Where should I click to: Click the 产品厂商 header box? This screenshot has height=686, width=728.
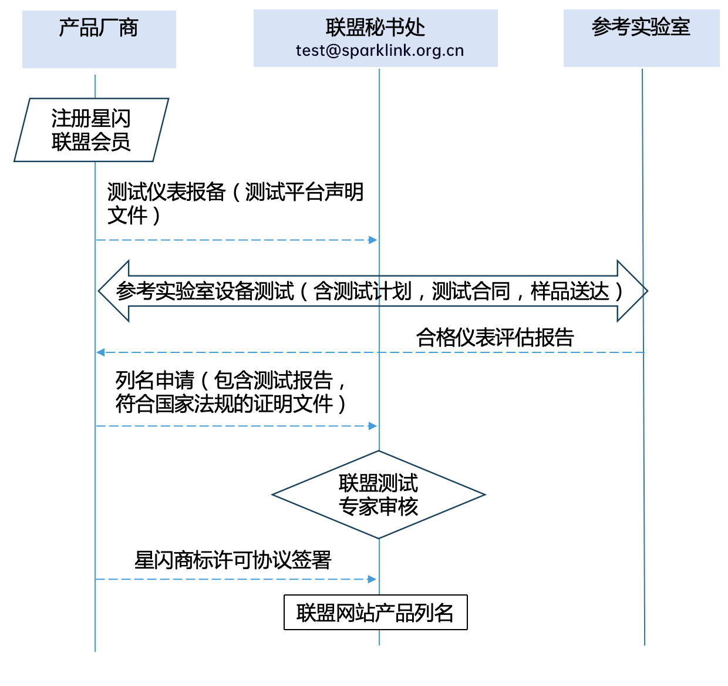(x=99, y=39)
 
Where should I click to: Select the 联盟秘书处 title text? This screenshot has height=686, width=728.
(x=375, y=28)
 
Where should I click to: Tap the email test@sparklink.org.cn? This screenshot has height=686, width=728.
(x=379, y=51)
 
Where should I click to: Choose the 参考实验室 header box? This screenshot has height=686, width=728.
(x=641, y=38)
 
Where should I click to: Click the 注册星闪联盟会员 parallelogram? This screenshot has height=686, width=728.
(x=91, y=130)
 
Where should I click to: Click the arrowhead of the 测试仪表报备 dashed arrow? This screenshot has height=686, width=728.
(x=373, y=240)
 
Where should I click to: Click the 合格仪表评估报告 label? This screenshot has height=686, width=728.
(x=494, y=338)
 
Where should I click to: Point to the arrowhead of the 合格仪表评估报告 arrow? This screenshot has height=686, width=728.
(x=100, y=352)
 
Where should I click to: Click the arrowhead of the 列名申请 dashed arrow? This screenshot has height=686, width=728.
(x=373, y=426)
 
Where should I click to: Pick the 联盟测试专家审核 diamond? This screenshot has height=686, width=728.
(x=379, y=495)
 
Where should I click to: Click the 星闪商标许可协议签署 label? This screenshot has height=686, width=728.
(x=233, y=560)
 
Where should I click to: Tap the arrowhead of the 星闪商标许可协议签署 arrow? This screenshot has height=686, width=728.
(x=372, y=579)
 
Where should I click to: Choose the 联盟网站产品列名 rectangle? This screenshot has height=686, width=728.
(x=375, y=613)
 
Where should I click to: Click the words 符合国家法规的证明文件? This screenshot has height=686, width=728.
(x=224, y=404)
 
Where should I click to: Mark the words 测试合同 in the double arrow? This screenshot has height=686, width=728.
(x=471, y=291)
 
